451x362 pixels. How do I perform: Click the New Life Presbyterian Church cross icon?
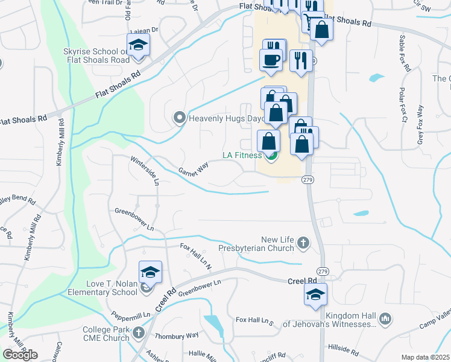(303, 243)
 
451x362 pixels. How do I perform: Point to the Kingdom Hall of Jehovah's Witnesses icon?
(386, 318)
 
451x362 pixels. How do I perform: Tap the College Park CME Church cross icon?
(139, 332)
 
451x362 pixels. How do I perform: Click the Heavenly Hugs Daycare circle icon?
(179, 118)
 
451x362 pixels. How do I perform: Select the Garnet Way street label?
(193, 168)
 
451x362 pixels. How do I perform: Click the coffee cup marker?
(270, 60)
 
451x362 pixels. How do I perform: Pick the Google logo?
(20, 355)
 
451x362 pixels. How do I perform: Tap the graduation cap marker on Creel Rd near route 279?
(315, 295)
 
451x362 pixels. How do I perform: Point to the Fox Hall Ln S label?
(254, 320)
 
